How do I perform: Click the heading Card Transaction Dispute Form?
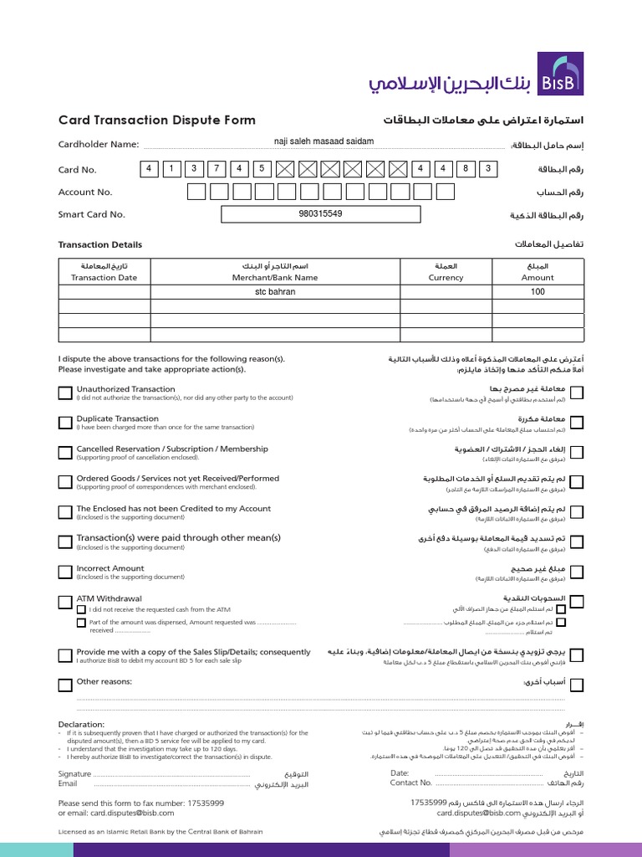point(157,120)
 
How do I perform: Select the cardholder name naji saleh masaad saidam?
point(324,141)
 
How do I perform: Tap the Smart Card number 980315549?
point(320,213)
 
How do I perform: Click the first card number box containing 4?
point(150,169)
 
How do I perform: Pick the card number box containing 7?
point(216,169)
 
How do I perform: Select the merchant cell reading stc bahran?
point(275,292)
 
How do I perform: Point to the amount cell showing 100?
point(538,292)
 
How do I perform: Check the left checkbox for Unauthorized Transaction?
point(65,393)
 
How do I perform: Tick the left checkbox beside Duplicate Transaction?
point(65,423)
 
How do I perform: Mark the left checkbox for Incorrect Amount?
point(65,572)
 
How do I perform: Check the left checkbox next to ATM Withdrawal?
point(65,603)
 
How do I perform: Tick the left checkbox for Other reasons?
point(65,685)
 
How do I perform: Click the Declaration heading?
point(81,724)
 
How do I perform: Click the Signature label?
point(74,774)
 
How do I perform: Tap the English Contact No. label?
point(411,783)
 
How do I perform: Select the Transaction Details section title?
point(99,244)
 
